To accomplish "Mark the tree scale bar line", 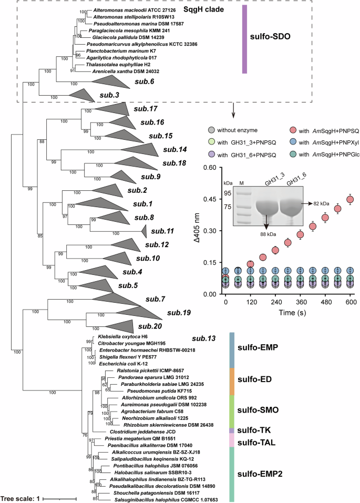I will coord(59,497).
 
